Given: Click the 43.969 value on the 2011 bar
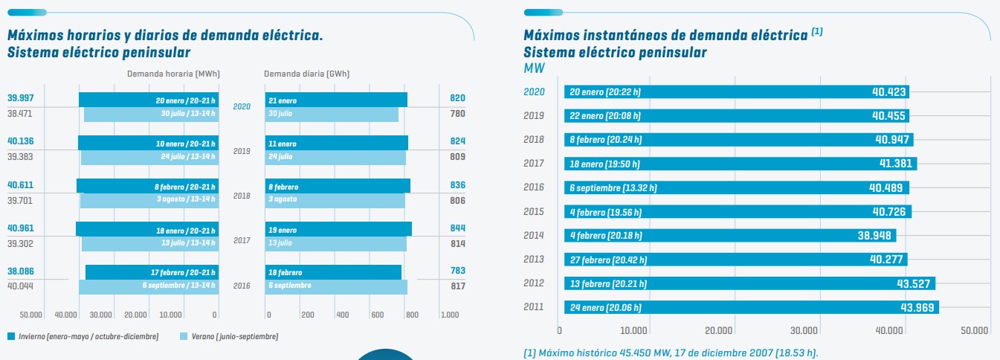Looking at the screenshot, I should coord(918,307).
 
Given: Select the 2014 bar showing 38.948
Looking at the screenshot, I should coord(729,236).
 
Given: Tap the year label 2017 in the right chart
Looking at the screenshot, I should coord(535,164).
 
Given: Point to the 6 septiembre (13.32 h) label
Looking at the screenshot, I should coord(613,188).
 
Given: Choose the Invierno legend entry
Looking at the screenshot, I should coord(83,337).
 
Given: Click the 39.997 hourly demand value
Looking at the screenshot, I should coord(21,98).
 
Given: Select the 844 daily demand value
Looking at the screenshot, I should coord(457,228).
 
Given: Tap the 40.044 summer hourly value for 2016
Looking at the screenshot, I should coord(21,286).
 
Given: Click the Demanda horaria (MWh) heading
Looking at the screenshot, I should coord(173,74).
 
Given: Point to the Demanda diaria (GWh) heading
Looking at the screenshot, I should coord(306,74).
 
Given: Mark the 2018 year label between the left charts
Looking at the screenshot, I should coord(242,196).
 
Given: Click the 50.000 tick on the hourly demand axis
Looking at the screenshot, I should coord(30,315).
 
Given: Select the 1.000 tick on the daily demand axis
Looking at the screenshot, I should coord(449,315).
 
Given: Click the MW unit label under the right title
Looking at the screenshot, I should coord(535,68).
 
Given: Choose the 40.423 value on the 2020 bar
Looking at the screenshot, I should coord(888,92).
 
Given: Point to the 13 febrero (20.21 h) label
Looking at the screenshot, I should coord(608,283).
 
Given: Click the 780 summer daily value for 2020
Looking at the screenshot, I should coord(457,114).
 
